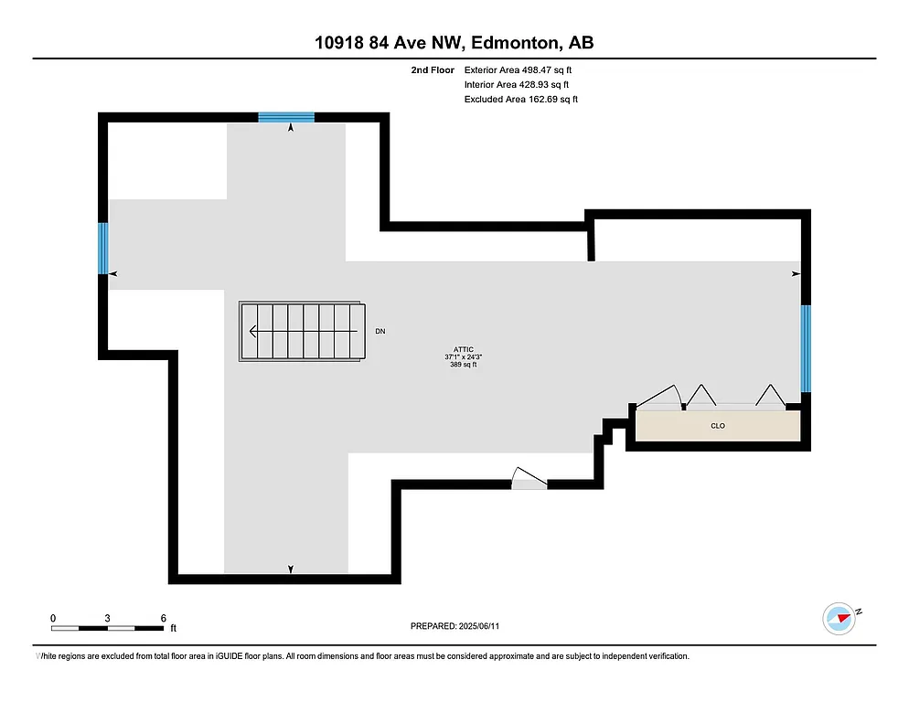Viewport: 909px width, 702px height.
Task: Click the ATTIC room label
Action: pos(464,349)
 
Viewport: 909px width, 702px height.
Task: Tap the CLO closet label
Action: pos(718,426)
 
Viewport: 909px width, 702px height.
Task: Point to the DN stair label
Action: pos(380,332)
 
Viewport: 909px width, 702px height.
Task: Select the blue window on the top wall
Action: pos(286,117)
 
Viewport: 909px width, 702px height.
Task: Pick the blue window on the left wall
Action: pos(103,249)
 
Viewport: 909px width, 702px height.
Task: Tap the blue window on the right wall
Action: pos(806,348)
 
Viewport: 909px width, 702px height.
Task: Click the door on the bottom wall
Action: pos(529,481)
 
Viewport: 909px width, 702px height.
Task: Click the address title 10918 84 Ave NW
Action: pos(454,43)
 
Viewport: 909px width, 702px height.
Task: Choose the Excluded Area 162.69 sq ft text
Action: pos(521,99)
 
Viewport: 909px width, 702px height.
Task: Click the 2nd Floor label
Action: pos(433,69)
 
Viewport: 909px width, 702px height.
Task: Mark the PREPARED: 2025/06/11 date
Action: pos(454,626)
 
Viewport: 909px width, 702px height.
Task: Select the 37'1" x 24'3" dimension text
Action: pos(464,356)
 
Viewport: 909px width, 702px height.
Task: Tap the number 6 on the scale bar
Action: pos(163,618)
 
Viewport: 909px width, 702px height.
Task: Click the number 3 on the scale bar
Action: pos(108,618)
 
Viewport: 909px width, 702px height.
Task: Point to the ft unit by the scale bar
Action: pos(173,628)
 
